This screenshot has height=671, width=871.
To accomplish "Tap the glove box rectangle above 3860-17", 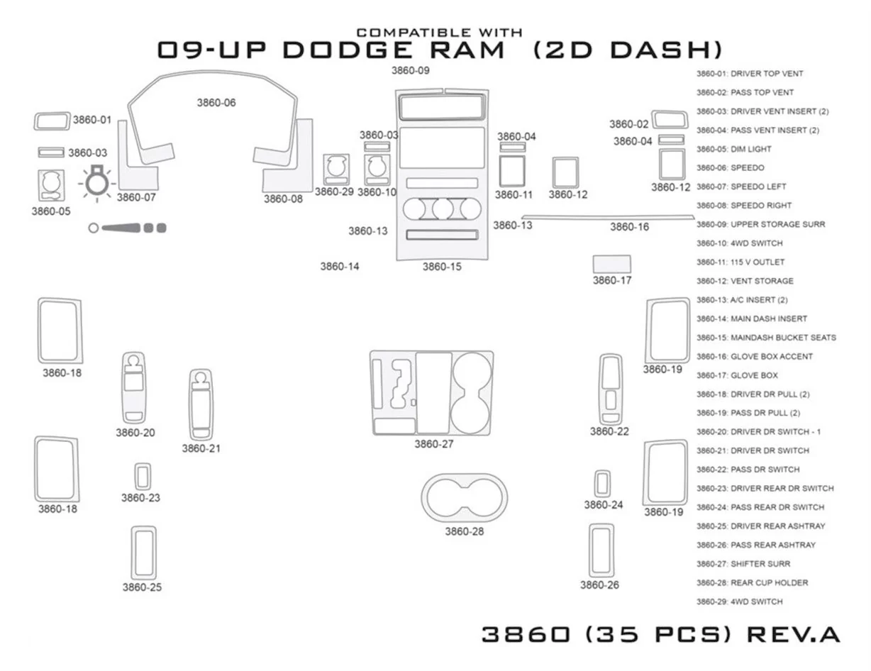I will pos(611,264).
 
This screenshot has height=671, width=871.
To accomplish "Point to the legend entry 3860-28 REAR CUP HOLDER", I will pos(752,583).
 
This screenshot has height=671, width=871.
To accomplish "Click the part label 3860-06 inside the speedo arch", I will pos(216,103).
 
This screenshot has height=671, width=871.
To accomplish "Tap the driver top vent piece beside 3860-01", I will pos(52,121).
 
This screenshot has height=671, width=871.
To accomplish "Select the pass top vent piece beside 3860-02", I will pos(670,119).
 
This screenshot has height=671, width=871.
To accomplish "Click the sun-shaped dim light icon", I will pos(96,184).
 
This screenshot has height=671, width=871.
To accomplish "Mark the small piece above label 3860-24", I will pos(602,484).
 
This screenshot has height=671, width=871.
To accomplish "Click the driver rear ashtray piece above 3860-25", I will pos(143,552).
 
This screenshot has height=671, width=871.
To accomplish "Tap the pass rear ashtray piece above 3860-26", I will pos(601,550).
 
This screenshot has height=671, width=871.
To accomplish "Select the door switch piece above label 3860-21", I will pos(201,404).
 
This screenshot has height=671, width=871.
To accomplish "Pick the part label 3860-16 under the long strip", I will pos(629,227).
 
